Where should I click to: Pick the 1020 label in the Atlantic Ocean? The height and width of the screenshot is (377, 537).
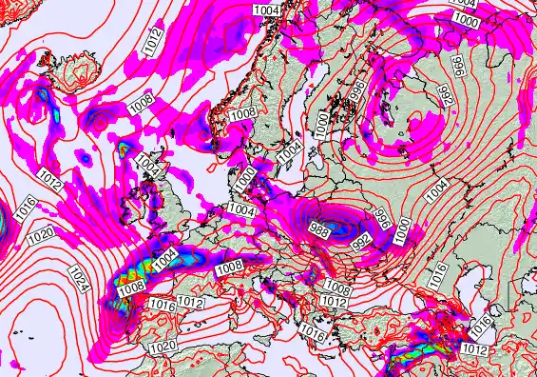tap(40, 233)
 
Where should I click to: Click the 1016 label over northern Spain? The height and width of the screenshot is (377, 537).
tap(162, 305)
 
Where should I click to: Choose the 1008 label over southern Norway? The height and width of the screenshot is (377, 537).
tap(242, 113)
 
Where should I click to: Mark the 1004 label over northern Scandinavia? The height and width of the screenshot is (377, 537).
tap(267, 9)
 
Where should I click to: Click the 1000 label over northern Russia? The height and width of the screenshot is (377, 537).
tap(465, 19)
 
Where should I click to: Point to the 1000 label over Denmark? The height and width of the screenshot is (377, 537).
tap(246, 176)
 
